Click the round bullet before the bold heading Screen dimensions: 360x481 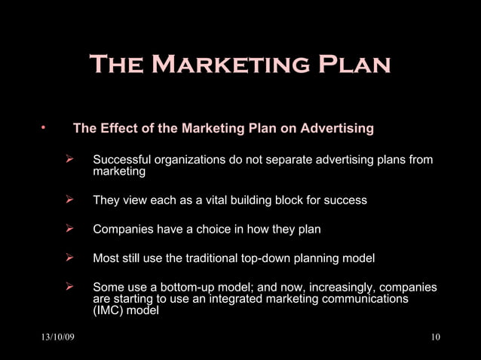[x=45, y=127]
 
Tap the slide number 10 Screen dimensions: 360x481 [x=435, y=336]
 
